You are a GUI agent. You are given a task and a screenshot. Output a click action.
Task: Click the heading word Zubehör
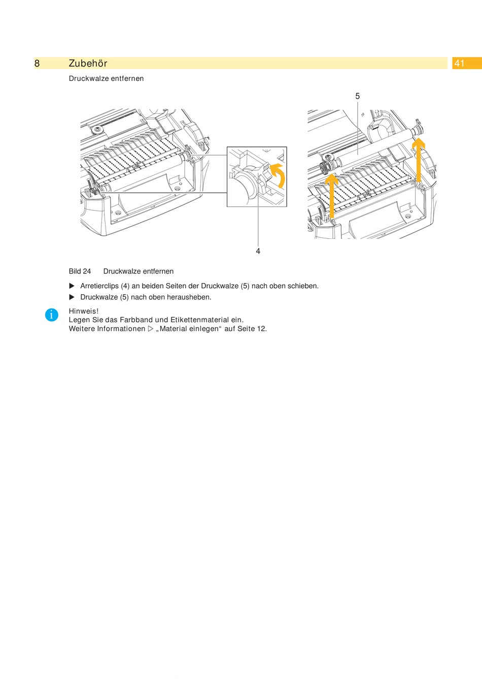click(88, 63)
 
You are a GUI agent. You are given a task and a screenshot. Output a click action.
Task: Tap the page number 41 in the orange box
click(459, 63)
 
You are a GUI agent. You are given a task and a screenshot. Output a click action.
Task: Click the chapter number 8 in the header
click(37, 63)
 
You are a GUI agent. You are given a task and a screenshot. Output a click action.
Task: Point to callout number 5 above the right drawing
click(358, 96)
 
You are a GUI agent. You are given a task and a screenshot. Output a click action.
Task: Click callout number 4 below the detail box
click(258, 251)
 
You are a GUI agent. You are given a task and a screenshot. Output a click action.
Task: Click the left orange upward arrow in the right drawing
click(332, 195)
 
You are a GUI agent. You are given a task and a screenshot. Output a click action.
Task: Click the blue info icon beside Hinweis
click(51, 315)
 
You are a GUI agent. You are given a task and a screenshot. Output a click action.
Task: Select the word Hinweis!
click(84, 311)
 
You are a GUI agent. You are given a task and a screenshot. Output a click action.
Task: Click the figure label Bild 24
click(80, 271)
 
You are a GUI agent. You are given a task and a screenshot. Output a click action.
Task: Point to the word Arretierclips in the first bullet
click(99, 286)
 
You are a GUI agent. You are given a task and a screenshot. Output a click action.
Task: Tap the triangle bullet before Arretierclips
click(72, 286)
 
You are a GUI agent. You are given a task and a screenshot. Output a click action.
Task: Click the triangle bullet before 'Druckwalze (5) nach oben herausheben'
click(72, 297)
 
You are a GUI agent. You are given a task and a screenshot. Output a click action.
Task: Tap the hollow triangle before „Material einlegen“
click(150, 329)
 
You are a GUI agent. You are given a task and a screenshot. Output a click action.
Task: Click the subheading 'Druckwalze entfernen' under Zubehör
click(106, 78)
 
